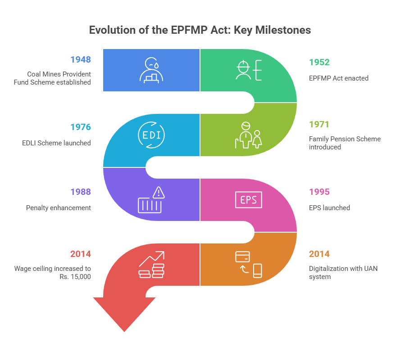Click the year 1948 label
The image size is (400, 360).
(x=81, y=59)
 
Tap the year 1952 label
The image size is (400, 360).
(x=319, y=63)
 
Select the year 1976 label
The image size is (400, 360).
(x=81, y=127)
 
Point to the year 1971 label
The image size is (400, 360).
(x=319, y=124)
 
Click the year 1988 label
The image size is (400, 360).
(x=81, y=192)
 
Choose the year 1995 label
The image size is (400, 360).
(x=319, y=192)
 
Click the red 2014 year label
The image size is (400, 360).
(x=81, y=254)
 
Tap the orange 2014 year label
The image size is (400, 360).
(x=319, y=254)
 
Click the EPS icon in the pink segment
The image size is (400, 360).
(x=248, y=199)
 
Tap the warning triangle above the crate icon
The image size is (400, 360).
(x=158, y=193)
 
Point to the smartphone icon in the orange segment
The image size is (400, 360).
(x=257, y=270)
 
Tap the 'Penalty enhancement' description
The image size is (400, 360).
(x=59, y=208)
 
